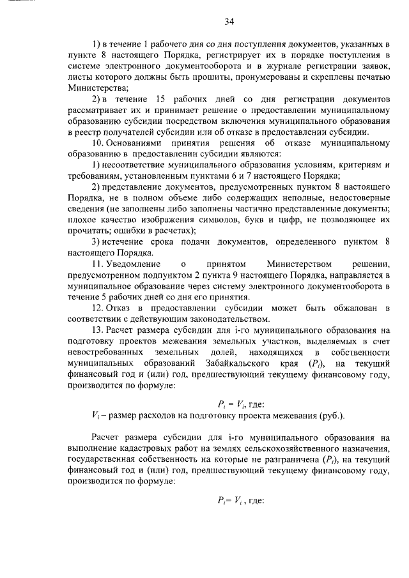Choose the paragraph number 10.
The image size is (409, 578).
[x=96, y=144]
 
